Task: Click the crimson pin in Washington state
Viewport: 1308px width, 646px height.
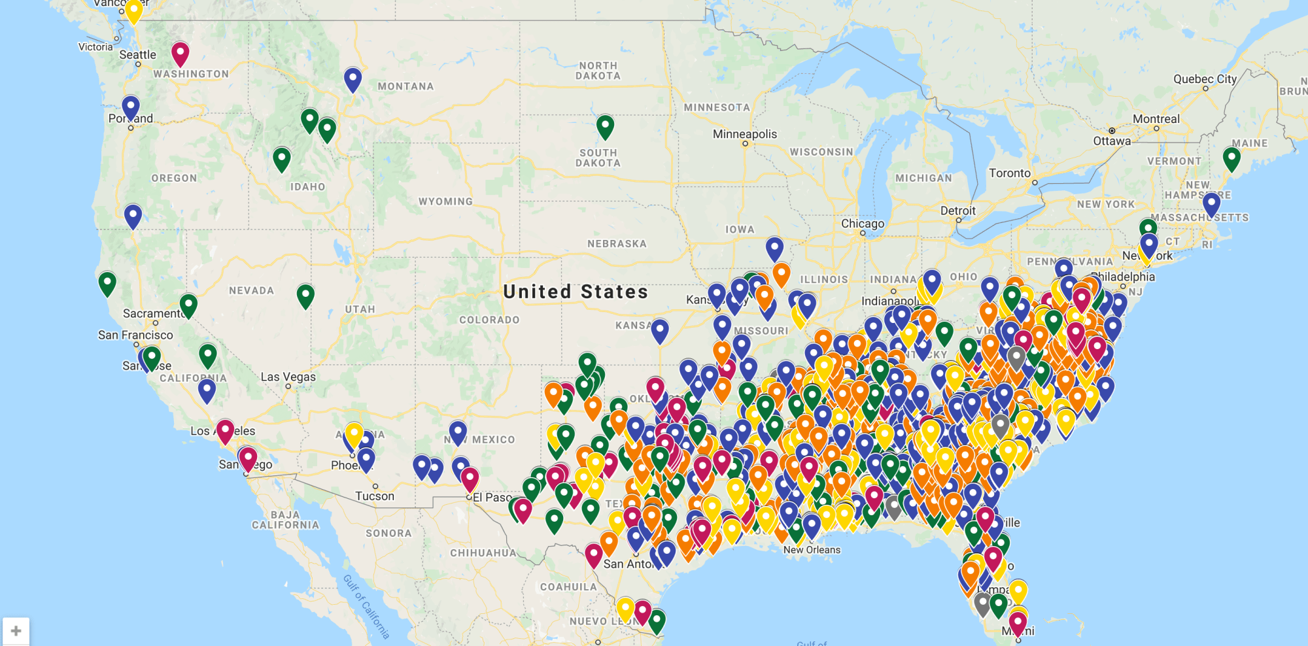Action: tap(181, 52)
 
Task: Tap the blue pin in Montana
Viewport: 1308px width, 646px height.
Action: tap(353, 78)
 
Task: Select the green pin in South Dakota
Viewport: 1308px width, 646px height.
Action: tap(605, 126)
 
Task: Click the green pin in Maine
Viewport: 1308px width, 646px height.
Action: tap(1231, 158)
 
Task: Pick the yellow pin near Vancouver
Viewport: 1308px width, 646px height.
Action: tap(133, 10)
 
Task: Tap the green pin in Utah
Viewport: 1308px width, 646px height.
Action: tap(305, 295)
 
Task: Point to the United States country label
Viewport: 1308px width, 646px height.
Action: tap(576, 292)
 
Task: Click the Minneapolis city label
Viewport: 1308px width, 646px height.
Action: tap(745, 134)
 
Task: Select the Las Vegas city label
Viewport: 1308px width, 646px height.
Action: tap(288, 377)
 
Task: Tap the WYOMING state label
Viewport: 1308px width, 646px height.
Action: tap(445, 201)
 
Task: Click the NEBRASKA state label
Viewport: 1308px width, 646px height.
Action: tap(617, 244)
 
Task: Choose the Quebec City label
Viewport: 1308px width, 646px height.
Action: tap(1205, 79)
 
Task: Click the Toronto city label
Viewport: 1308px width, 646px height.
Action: tap(1009, 173)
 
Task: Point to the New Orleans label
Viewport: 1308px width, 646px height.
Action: tap(812, 550)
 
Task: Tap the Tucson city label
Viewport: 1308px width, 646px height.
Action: tap(375, 496)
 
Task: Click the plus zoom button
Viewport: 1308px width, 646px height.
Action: tap(16, 631)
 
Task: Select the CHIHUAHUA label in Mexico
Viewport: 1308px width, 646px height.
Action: tap(483, 553)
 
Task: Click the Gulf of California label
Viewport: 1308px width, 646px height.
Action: tap(366, 607)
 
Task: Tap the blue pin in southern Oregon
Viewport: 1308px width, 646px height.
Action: tap(133, 215)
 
